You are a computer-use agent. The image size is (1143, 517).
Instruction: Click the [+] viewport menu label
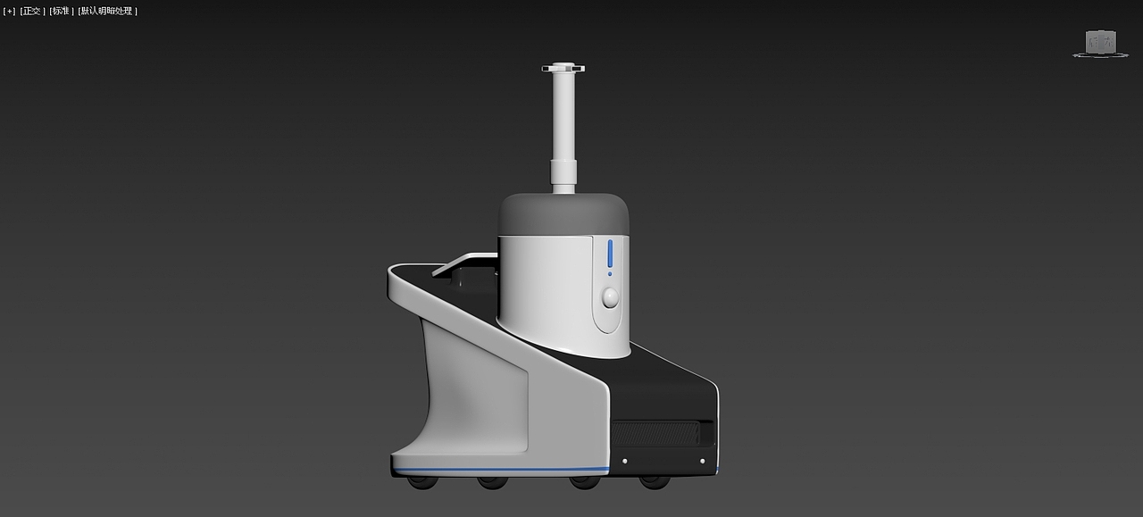coord(9,12)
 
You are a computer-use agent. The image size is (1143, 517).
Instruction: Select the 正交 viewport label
coord(32,12)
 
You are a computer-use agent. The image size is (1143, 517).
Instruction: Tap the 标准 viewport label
coord(62,12)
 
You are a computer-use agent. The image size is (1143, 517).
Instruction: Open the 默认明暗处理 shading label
coord(108,12)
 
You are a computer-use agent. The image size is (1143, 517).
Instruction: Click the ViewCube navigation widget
coord(1101,44)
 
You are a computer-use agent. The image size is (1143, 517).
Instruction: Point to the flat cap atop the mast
coord(563,68)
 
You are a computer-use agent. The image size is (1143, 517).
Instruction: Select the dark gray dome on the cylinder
coord(563,214)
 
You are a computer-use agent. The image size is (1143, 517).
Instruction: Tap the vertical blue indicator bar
coord(610,254)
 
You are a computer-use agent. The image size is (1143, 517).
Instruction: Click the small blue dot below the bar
coord(610,274)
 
